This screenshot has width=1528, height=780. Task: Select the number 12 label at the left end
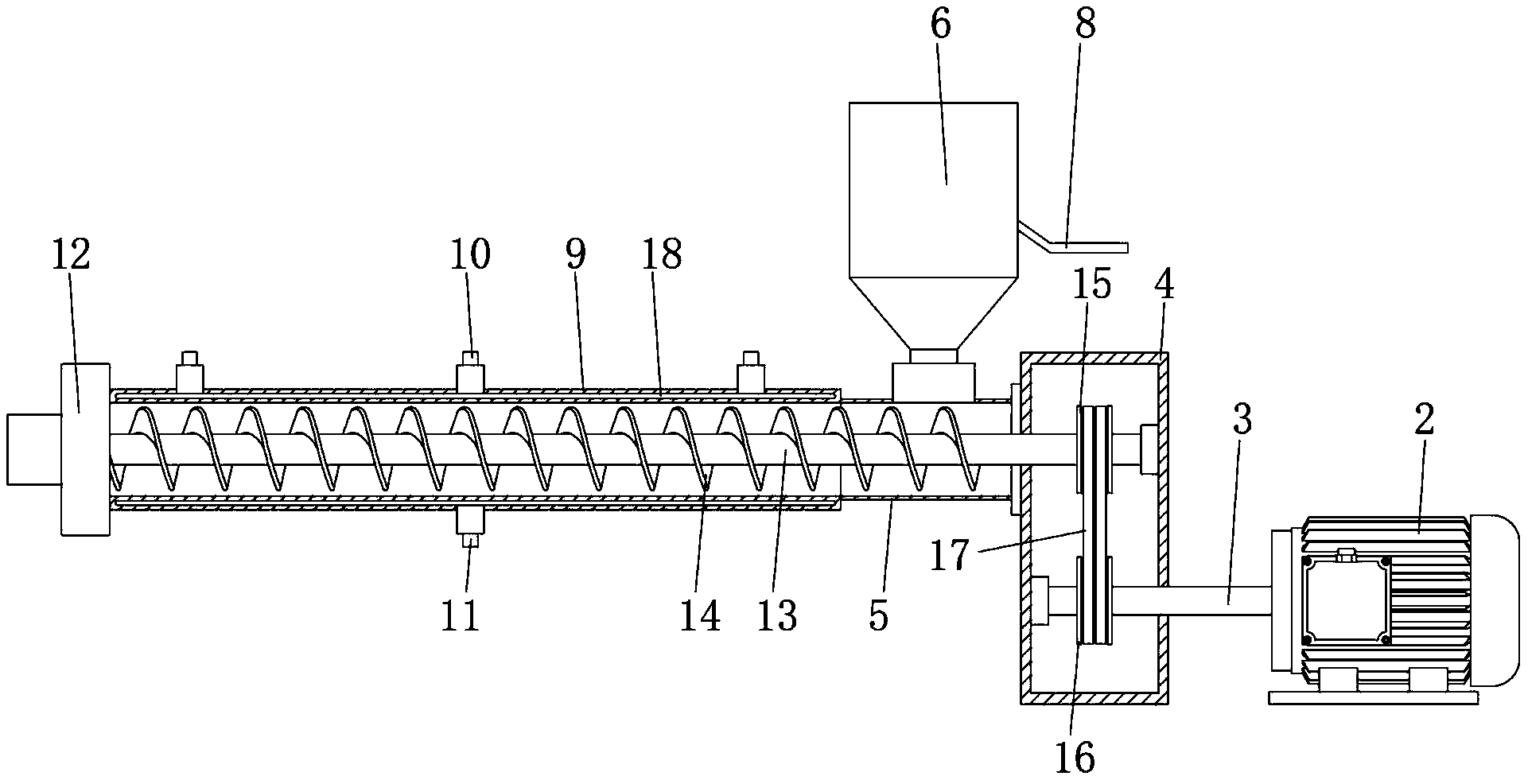[x=71, y=254]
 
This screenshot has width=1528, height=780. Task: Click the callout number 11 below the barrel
[x=461, y=615]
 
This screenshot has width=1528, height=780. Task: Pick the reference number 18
[x=663, y=254]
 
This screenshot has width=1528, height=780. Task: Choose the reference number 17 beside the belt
[x=951, y=554]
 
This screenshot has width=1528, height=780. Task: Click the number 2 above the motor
[x=1424, y=419]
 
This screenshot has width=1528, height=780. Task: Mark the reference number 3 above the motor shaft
[x=1242, y=419]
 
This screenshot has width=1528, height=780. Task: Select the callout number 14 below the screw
[x=700, y=615]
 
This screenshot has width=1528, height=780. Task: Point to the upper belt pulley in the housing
[x=1094, y=459]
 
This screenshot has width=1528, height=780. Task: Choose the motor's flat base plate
[x=1374, y=697]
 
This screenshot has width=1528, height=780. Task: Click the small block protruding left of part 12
[x=34, y=448]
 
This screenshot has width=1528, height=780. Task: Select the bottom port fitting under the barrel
[x=470, y=526]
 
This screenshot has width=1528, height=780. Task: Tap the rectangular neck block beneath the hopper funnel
[x=934, y=382]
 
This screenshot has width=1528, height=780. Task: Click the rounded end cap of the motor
[x=1495, y=600]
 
